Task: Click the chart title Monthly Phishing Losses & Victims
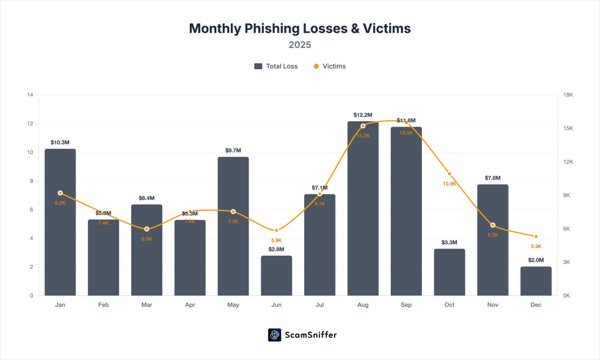pos(299,28)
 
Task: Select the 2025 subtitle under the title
pos(299,45)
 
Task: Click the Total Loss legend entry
pos(276,66)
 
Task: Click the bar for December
pos(536,281)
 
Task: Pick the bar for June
pos(277,275)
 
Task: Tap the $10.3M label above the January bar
pos(60,142)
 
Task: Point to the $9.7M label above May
pos(233,151)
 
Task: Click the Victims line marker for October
pos(449,174)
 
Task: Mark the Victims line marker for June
pos(277,230)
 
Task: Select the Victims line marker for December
pos(536,236)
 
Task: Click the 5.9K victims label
pos(277,240)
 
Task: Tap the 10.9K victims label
pos(449,184)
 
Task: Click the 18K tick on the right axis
pos(568,95)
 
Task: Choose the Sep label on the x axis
pos(406,305)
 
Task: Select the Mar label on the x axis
pos(146,305)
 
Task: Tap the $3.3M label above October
pos(449,242)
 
